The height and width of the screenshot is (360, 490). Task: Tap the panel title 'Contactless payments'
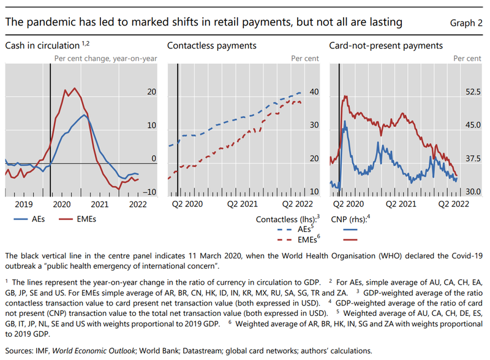point(211,45)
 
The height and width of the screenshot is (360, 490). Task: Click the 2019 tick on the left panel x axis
point(24,204)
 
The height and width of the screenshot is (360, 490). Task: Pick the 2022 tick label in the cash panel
point(137,204)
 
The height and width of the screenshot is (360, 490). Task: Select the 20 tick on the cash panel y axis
point(152,92)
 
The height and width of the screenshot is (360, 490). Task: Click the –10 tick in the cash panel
point(149,192)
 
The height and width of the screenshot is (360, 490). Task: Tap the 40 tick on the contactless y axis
point(314,92)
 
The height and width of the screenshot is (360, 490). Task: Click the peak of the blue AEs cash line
point(85,115)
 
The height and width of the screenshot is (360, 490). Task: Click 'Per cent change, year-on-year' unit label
point(105,59)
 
